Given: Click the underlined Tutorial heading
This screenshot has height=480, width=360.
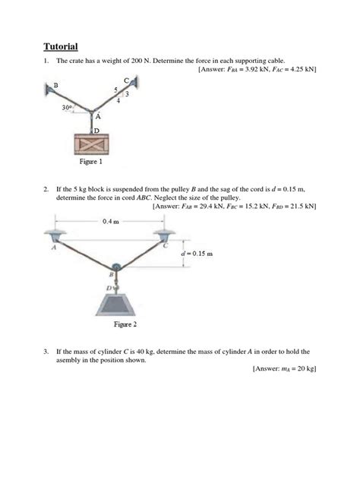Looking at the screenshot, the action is (61, 46).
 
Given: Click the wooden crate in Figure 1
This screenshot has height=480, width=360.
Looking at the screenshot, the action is (91, 144).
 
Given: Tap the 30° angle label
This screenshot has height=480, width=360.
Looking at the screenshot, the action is (67, 108).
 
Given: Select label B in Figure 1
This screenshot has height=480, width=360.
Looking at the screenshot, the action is (55, 85).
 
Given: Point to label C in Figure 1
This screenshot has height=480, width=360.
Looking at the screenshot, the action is (126, 81).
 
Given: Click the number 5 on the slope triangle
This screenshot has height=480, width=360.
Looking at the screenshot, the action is (115, 90).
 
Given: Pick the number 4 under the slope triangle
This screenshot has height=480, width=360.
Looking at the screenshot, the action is (118, 101).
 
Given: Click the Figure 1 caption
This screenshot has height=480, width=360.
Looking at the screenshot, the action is (91, 161).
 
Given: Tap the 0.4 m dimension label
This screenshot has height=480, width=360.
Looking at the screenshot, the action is (111, 221).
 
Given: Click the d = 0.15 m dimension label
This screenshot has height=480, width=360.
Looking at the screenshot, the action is (197, 254).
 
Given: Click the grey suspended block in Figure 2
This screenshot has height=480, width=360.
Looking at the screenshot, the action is (115, 305).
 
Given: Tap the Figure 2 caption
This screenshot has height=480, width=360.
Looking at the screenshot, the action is (125, 324).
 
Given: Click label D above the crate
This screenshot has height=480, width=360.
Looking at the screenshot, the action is (96, 131).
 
